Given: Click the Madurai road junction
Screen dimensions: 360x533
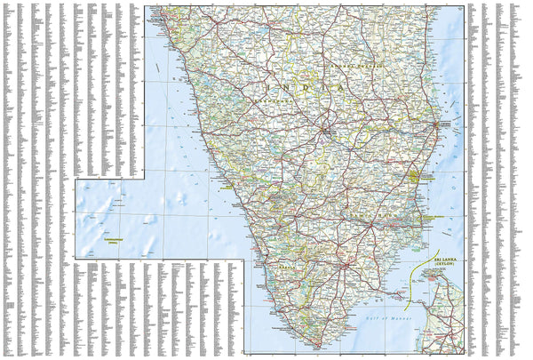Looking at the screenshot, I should pyautogui.click(x=344, y=265).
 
